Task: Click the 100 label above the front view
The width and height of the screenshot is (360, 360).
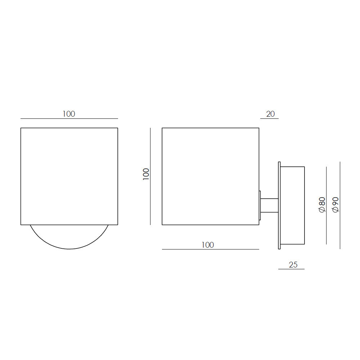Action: pyautogui.click(x=69, y=114)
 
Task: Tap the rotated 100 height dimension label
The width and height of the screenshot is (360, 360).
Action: pyautogui.click(x=146, y=174)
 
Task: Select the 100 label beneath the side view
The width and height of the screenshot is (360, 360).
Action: pyautogui.click(x=208, y=245)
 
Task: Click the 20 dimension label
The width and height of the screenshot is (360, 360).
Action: pyautogui.click(x=270, y=114)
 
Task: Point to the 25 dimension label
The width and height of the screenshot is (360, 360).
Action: pyautogui.click(x=293, y=265)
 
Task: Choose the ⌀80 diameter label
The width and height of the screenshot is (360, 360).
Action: pyautogui.click(x=322, y=205)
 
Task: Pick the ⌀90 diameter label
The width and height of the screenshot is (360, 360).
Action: pyautogui.click(x=336, y=205)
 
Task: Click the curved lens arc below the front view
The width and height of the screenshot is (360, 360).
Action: pyautogui.click(x=69, y=249)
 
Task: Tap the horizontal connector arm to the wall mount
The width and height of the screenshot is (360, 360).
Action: pyautogui.click(x=269, y=206)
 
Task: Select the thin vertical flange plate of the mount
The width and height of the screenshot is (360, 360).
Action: pyautogui.click(x=279, y=205)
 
